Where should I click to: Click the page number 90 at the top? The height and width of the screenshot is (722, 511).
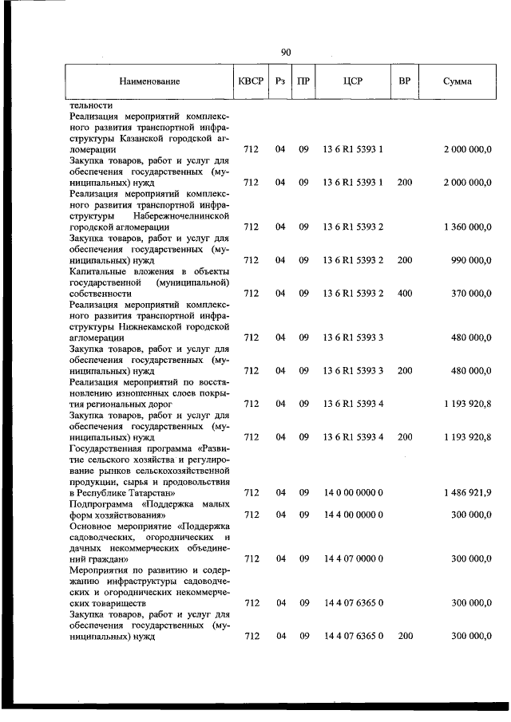[x=285, y=52]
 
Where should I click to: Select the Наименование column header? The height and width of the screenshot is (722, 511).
[x=149, y=81]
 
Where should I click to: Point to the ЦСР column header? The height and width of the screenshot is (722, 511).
[x=353, y=81]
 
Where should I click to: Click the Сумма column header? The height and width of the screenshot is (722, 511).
[x=457, y=81]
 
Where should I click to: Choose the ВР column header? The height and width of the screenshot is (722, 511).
[x=404, y=81]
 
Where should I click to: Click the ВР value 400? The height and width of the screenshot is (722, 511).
[x=404, y=294]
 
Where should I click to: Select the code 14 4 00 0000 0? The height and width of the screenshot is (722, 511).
[x=354, y=515]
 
